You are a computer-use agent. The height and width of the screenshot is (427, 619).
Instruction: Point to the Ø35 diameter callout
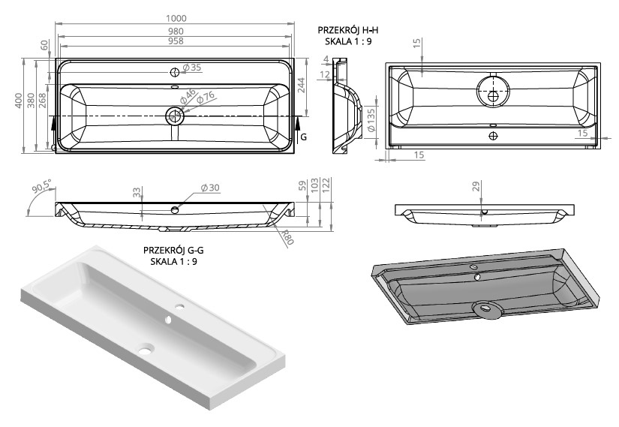coord(193,68)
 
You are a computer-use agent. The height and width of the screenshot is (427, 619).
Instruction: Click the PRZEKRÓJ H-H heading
coord(347,29)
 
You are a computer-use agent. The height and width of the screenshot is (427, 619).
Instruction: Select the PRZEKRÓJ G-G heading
coord(173,251)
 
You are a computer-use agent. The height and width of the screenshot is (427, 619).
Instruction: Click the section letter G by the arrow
coord(303,137)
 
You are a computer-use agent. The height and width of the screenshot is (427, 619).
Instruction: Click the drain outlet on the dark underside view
coord(485,307)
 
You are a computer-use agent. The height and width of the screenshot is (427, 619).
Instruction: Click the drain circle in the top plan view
coord(175,116)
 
